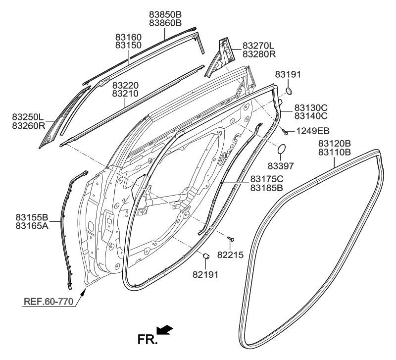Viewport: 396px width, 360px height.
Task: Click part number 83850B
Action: tap(165, 14)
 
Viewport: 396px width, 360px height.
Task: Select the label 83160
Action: tap(129, 37)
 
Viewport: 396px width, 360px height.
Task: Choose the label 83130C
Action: tap(311, 107)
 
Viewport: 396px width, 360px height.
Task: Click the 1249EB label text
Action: tap(312, 131)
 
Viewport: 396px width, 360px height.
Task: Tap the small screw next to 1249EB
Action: tap(286, 132)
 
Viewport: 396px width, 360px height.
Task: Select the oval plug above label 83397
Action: tap(282, 149)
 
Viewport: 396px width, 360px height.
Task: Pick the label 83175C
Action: tap(266, 179)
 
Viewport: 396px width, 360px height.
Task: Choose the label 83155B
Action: tap(32, 217)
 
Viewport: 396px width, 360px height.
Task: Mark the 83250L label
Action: tap(28, 117)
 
